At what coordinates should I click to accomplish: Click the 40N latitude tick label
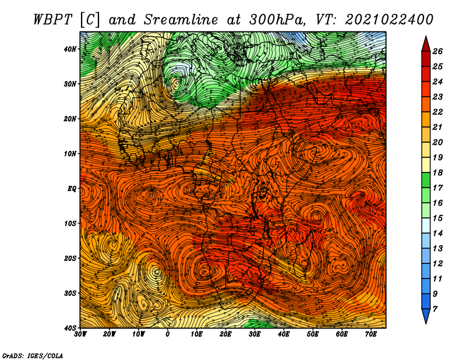(x=70, y=49)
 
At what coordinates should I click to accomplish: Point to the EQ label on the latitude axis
(x=72, y=189)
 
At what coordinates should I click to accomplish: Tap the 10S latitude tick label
(x=70, y=224)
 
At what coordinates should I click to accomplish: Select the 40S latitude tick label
(x=70, y=328)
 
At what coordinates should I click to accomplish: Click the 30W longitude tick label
(x=80, y=334)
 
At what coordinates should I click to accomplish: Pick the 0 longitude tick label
(x=168, y=334)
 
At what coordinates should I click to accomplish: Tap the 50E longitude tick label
(x=313, y=334)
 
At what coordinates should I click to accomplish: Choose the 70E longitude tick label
(x=371, y=334)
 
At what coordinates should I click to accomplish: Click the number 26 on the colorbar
(x=437, y=51)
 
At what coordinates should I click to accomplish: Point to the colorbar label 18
(x=437, y=172)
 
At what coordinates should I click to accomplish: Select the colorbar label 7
(x=435, y=309)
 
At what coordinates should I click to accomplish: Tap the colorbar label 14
(x=437, y=234)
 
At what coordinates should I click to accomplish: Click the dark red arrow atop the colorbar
(x=426, y=44)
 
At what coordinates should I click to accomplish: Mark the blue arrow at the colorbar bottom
(x=426, y=316)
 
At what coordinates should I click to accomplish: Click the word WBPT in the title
(x=53, y=20)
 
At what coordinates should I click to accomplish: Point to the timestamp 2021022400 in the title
(x=389, y=20)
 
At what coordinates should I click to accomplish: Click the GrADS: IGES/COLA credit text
(x=33, y=355)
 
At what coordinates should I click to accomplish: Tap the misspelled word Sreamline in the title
(x=181, y=20)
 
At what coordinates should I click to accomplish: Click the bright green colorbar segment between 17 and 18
(x=426, y=180)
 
